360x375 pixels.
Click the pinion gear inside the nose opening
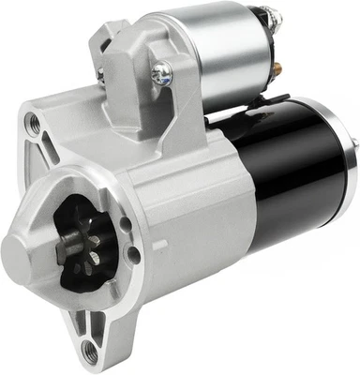[x=78, y=246]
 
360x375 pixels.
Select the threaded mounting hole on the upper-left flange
[x=34, y=122]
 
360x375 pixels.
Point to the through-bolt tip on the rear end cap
[x=353, y=144]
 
